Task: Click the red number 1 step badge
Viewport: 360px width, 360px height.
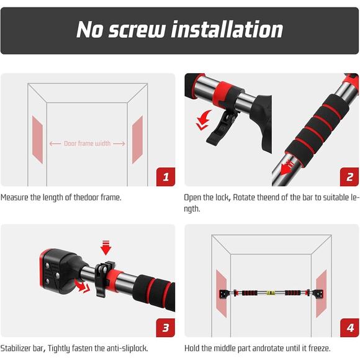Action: (x=166, y=176)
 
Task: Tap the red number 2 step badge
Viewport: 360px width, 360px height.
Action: (x=349, y=176)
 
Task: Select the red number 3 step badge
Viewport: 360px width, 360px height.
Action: (x=166, y=328)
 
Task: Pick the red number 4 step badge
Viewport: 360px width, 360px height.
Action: (x=349, y=328)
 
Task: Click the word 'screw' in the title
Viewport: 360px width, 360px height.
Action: (x=137, y=29)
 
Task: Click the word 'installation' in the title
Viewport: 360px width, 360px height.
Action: (x=228, y=29)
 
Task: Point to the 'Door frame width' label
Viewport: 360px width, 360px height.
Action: (x=88, y=143)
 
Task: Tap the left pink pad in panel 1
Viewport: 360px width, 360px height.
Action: (x=37, y=140)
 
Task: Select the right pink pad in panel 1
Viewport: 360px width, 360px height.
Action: (x=137, y=140)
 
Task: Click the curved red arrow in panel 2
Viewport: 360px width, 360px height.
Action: (x=203, y=120)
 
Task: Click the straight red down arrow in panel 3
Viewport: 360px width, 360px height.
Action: (x=106, y=248)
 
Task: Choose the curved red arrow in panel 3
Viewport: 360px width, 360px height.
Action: (x=82, y=286)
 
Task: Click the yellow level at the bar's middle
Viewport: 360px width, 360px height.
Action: (x=271, y=293)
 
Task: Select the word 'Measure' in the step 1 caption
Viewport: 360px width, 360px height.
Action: (x=14, y=197)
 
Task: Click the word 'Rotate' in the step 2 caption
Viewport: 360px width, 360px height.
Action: (x=244, y=197)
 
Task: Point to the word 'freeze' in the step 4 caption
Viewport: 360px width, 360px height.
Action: (x=320, y=348)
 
